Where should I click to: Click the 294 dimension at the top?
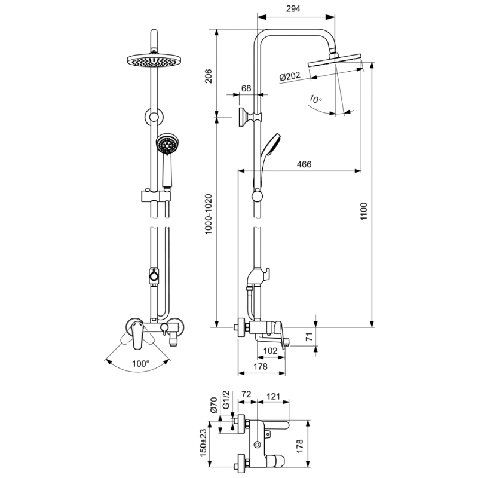click(293, 8)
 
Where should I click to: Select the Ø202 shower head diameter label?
click(290, 76)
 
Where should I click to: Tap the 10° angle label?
click(315, 99)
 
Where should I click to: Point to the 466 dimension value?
click(304, 164)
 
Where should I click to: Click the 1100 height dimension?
click(364, 211)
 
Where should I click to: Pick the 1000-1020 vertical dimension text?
click(209, 214)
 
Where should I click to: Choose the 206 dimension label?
click(209, 76)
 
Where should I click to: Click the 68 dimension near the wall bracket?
click(246, 88)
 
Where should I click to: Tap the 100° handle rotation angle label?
click(140, 363)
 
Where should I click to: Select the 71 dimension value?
click(309, 336)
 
